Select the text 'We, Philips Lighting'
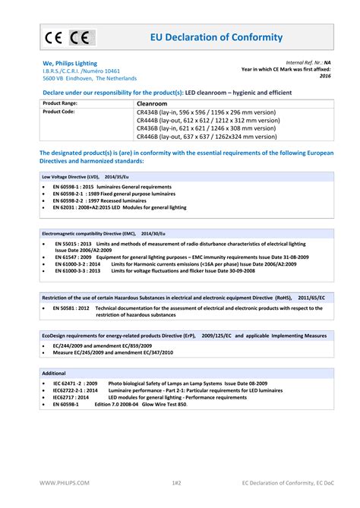[x=69, y=63]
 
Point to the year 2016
[x=325, y=76]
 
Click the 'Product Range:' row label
[x=60, y=103]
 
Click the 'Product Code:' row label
[x=58, y=112]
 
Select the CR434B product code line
[x=205, y=112]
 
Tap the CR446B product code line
[x=206, y=137]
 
